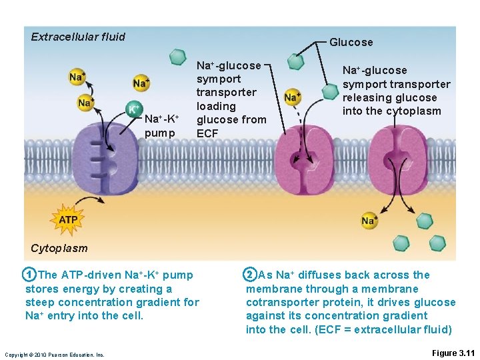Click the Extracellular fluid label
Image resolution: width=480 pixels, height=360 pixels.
[x=78, y=37]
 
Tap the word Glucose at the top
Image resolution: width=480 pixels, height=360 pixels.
[x=351, y=42]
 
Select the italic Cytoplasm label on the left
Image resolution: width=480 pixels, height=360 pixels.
[x=59, y=248]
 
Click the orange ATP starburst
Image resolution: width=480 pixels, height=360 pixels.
[x=68, y=219]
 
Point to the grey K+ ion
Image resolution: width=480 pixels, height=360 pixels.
[x=134, y=108]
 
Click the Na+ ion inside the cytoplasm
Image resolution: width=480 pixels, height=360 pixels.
[x=369, y=221]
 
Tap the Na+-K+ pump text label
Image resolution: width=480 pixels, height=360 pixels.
[x=161, y=126]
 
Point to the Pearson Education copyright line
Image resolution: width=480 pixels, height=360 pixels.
[x=54, y=355]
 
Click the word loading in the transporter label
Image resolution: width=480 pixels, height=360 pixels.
[x=216, y=106]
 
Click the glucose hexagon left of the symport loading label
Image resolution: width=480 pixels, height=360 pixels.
[x=177, y=57]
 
